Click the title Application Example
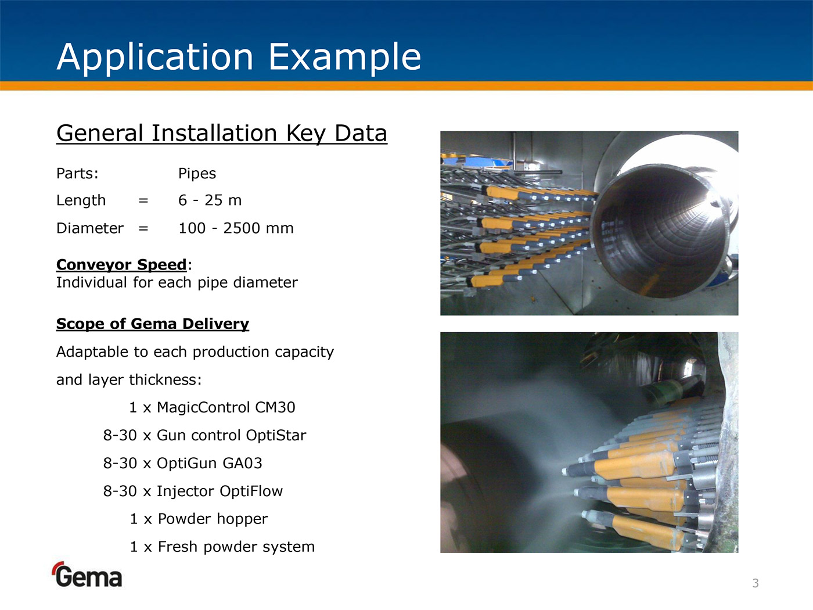point(239,57)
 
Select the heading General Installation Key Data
point(221,134)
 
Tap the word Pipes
point(197,174)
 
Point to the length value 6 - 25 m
point(210,200)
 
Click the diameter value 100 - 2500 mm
point(236,228)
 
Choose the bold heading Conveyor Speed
point(121,264)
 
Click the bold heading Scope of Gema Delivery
point(153,324)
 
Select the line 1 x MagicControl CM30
point(212,407)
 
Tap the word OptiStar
point(276,436)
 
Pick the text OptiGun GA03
point(209,464)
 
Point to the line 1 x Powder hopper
point(199,519)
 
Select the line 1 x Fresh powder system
point(222,547)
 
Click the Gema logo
point(87,575)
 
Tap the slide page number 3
point(756,583)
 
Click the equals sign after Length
point(143,200)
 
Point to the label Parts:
point(77,173)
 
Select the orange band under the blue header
point(406,85)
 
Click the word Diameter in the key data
point(89,228)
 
